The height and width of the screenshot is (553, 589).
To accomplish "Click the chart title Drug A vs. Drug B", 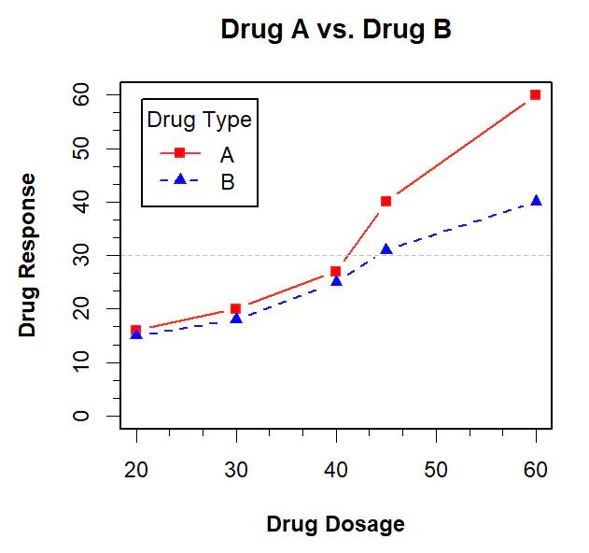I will click(x=336, y=30).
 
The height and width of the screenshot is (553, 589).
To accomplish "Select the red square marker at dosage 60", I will click(x=535, y=94).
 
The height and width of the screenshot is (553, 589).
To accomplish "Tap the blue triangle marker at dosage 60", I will click(x=536, y=201).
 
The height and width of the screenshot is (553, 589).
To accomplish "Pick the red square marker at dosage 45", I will click(x=386, y=201).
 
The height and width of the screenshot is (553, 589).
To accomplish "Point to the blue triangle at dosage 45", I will click(x=386, y=249).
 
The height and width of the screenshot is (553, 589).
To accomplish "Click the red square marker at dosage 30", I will click(x=236, y=308).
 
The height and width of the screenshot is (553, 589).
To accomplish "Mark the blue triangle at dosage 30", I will click(x=236, y=319).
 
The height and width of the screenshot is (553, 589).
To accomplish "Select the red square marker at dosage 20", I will click(x=136, y=330).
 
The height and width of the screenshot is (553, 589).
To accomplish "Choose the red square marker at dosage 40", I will click(x=335, y=271).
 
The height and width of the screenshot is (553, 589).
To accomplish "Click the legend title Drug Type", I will click(x=200, y=120).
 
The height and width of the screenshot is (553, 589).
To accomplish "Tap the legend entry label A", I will click(x=227, y=153).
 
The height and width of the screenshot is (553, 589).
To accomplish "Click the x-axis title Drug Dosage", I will click(x=336, y=524).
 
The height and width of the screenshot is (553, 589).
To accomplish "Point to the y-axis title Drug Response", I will click(x=28, y=255).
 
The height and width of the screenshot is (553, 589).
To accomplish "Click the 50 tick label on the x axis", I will click(x=436, y=470).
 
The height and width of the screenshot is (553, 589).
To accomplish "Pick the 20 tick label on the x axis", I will click(x=136, y=470).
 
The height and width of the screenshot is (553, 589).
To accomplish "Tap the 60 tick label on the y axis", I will click(x=83, y=94).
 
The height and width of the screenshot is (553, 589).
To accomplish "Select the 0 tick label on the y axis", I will click(x=83, y=415).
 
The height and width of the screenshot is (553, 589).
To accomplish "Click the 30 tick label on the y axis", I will click(x=83, y=255).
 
